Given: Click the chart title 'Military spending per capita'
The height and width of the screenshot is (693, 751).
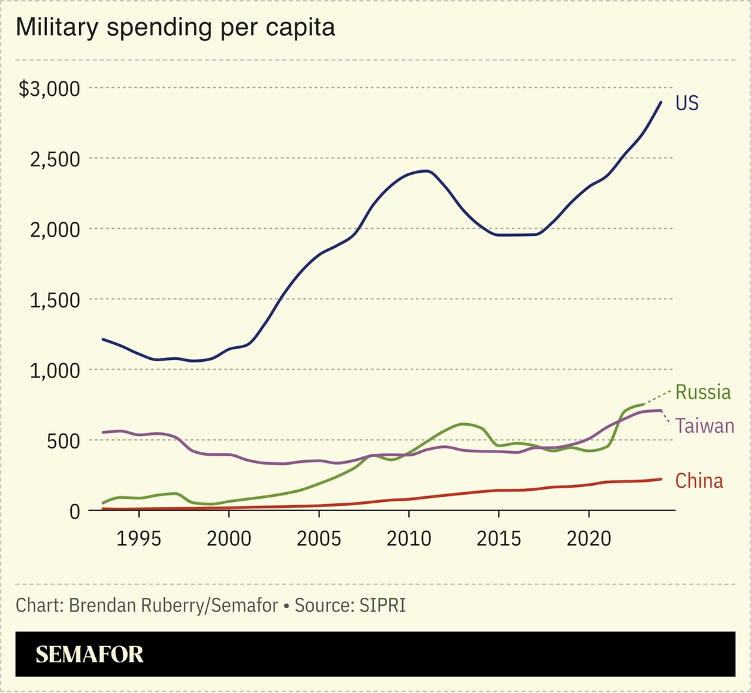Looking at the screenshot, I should tap(175, 27).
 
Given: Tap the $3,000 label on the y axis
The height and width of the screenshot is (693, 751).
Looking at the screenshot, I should tap(49, 89).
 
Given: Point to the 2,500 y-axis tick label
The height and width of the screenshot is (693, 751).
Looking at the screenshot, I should tap(55, 159).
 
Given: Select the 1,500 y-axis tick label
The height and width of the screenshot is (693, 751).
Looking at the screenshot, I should tap(55, 300).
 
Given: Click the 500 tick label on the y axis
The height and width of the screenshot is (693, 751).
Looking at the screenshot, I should tap(64, 441).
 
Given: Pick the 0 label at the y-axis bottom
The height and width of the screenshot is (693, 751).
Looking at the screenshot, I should tap(74, 511).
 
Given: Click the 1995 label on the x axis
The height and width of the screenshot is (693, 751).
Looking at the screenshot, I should tap(139, 538).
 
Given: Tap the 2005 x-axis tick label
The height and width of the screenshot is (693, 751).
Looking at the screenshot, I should tap(319, 538).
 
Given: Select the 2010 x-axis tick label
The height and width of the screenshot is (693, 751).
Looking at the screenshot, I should tap(409, 538).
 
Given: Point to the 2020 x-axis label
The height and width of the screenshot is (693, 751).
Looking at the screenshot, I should tap(589, 538).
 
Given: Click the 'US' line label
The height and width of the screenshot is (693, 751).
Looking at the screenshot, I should tap(686, 104).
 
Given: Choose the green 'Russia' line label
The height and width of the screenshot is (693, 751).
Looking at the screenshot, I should tap(703, 392).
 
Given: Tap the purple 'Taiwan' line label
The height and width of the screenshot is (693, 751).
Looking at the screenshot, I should tap(704, 426).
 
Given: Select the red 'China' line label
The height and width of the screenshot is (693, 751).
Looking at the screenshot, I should tap(699, 481).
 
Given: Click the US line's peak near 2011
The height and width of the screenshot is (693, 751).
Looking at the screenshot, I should tap(426, 171).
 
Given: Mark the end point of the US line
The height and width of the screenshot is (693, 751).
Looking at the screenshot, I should tap(660, 102).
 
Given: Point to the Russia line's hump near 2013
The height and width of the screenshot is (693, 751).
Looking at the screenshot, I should tap(463, 424).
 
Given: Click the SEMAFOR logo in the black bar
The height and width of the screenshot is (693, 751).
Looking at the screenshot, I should tap(89, 654).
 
